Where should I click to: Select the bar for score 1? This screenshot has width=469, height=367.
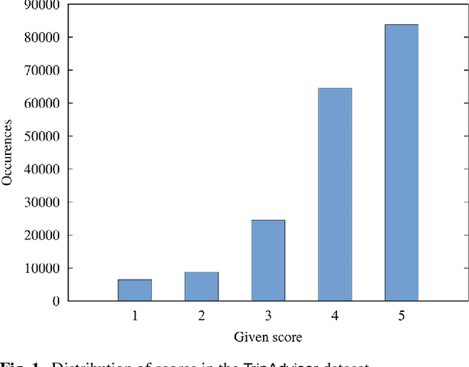tap(135, 290)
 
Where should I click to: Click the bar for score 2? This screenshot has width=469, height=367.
tap(202, 286)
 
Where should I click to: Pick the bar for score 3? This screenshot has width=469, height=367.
tap(268, 261)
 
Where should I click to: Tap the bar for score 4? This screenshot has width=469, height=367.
tap(335, 195)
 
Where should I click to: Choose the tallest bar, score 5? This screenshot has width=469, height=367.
tap(402, 162)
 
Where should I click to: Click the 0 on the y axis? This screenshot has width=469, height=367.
tap(57, 301)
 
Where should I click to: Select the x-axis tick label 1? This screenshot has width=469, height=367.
tap(135, 316)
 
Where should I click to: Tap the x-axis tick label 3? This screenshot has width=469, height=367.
tap(268, 316)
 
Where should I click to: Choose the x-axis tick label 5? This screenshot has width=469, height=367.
tap(402, 316)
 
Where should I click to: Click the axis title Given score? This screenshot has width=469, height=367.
tap(268, 338)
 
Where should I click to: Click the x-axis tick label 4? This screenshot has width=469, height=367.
tap(335, 316)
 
